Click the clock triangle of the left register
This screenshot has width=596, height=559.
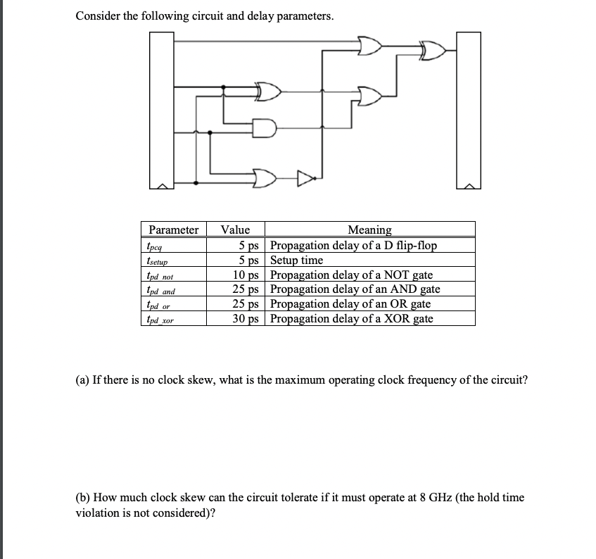[x=161, y=186]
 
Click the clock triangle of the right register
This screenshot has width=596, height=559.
[x=469, y=186]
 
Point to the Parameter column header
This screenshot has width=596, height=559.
[x=173, y=230]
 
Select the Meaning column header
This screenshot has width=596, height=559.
[x=369, y=230]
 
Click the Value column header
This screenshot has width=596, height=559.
[x=235, y=230]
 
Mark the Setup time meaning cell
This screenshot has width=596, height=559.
[x=297, y=260]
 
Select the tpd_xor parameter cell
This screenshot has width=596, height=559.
[x=160, y=320]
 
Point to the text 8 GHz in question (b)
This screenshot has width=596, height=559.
[x=362, y=497]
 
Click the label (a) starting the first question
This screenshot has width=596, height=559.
[x=82, y=380]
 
